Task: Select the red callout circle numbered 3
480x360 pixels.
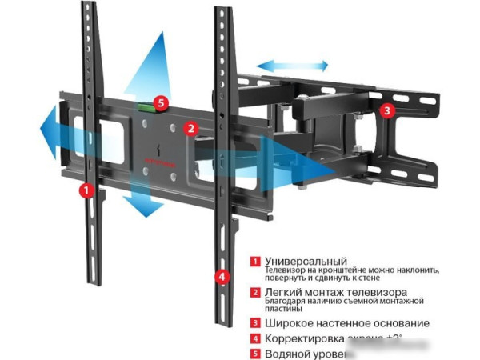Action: click(386, 111)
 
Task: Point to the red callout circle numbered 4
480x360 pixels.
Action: click(222, 277)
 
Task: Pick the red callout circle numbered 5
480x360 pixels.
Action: click(161, 102)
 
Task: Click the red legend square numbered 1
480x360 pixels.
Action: click(254, 262)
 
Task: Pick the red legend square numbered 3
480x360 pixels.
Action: click(254, 323)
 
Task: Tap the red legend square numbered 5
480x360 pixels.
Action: click(254, 354)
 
